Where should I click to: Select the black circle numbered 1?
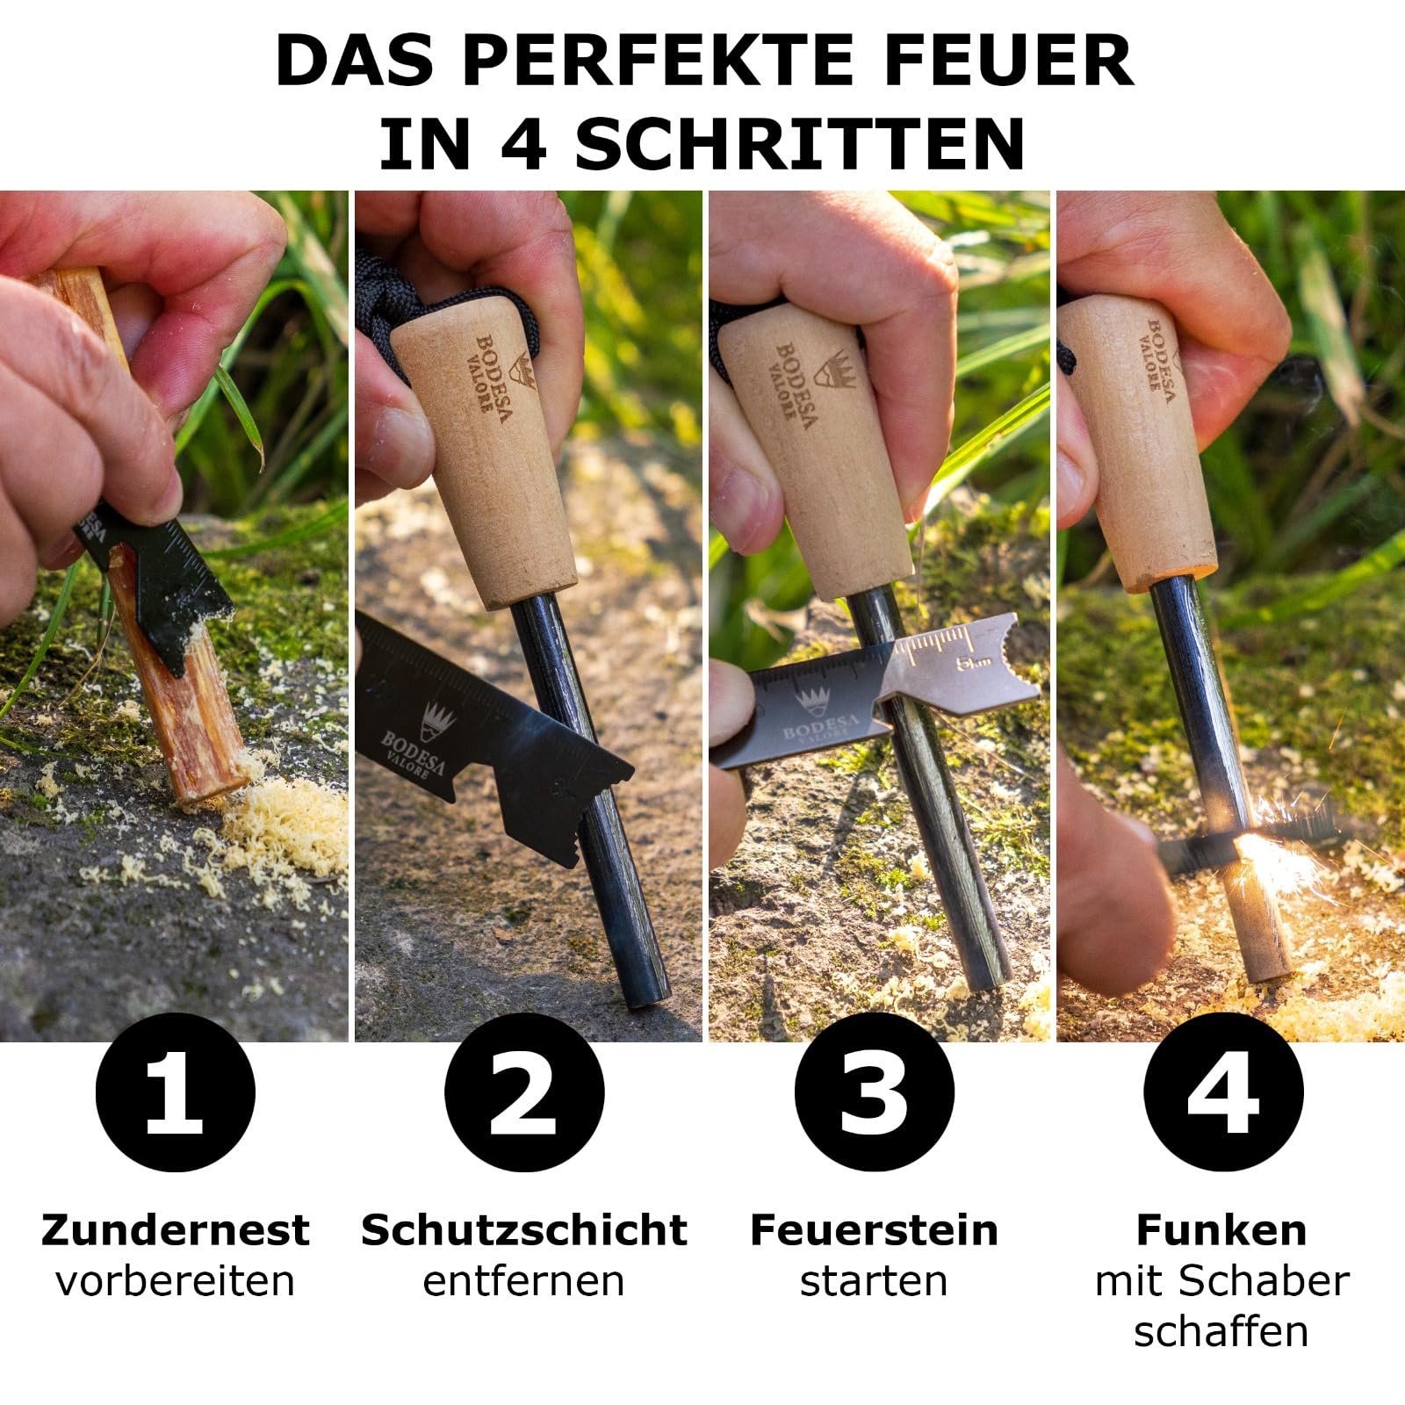[x=176, y=1092]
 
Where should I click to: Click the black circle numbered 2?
[x=524, y=1092]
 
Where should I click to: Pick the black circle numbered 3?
[x=874, y=1092]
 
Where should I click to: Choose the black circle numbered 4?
[x=1223, y=1092]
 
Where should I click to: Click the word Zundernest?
[x=176, y=1230]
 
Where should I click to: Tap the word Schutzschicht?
[x=524, y=1230]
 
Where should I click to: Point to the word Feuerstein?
[x=874, y=1230]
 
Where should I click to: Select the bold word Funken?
[x=1221, y=1230]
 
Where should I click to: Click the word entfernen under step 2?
[x=524, y=1281]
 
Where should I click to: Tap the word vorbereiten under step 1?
[x=176, y=1281]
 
